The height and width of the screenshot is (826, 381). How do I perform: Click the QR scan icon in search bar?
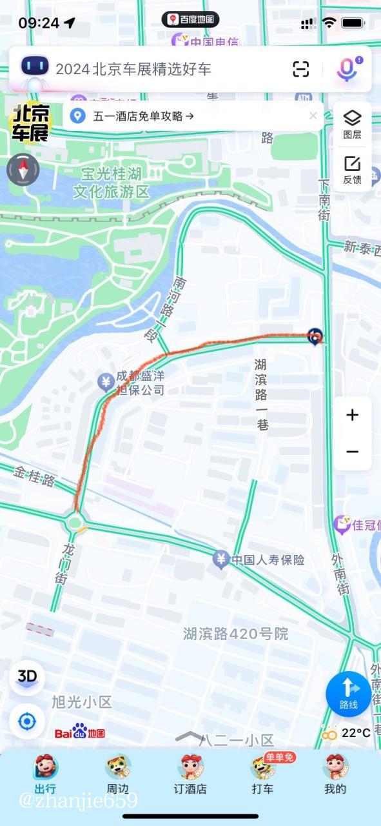coord(301,69)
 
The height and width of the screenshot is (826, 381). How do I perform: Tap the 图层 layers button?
coord(352,124)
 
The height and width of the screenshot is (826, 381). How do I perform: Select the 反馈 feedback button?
coord(352,169)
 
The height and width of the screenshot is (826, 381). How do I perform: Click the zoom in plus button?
coord(352,415)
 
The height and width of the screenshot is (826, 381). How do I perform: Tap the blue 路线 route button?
coord(348,694)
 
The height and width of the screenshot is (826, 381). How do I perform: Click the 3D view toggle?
coord(27,677)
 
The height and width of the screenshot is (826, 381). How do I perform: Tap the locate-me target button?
coord(27,721)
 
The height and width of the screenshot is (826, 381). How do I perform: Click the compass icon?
coord(23,170)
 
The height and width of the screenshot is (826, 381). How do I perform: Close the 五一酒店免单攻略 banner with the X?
coord(313,116)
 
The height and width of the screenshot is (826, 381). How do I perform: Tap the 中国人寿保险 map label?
coord(268,559)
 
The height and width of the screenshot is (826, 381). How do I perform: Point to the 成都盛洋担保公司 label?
coord(140,383)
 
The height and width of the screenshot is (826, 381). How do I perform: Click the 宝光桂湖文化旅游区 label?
coord(111,183)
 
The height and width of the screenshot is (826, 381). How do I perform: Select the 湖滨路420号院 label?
coord(235,634)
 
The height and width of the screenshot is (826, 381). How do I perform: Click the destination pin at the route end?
coord(315,336)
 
